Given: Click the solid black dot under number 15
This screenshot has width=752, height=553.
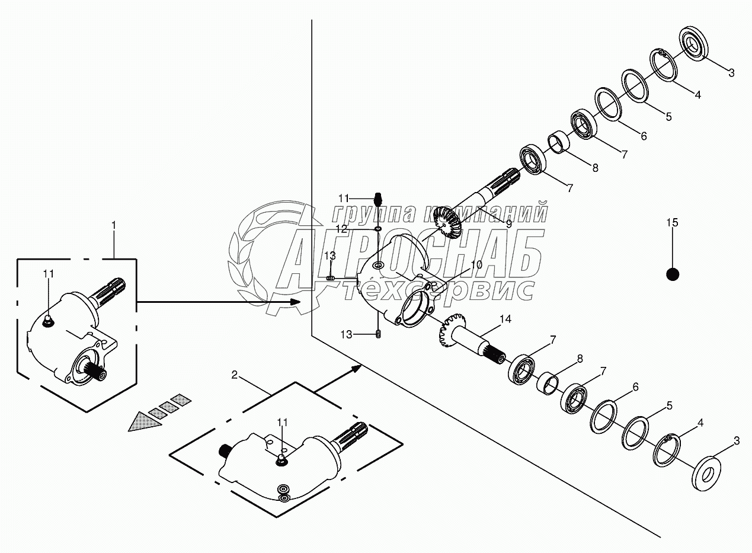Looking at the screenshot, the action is pos(673,274).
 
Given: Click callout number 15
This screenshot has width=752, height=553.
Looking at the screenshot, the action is pos(672,222).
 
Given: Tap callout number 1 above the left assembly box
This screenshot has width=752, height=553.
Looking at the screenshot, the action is pos(114,225).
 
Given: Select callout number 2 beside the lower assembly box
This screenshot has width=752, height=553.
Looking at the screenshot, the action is pos(234,375).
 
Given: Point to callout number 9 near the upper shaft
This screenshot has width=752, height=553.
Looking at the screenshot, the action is pos(509,224).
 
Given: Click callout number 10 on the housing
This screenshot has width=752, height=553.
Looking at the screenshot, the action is pos(476,264).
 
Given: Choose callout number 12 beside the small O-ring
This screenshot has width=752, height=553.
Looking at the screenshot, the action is pos(342,229).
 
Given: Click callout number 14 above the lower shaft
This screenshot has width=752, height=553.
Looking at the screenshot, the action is pos(505,319).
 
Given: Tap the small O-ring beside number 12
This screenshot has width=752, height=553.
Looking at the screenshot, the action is pos(378,229).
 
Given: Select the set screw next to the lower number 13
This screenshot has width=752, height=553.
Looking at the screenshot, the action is pos(378,334).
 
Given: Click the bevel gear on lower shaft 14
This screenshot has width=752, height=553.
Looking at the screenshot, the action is pos(453,331).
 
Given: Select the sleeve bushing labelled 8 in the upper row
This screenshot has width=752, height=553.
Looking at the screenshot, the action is pos(559,142).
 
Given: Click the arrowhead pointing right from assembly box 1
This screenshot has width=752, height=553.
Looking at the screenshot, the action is pos(295,302).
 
